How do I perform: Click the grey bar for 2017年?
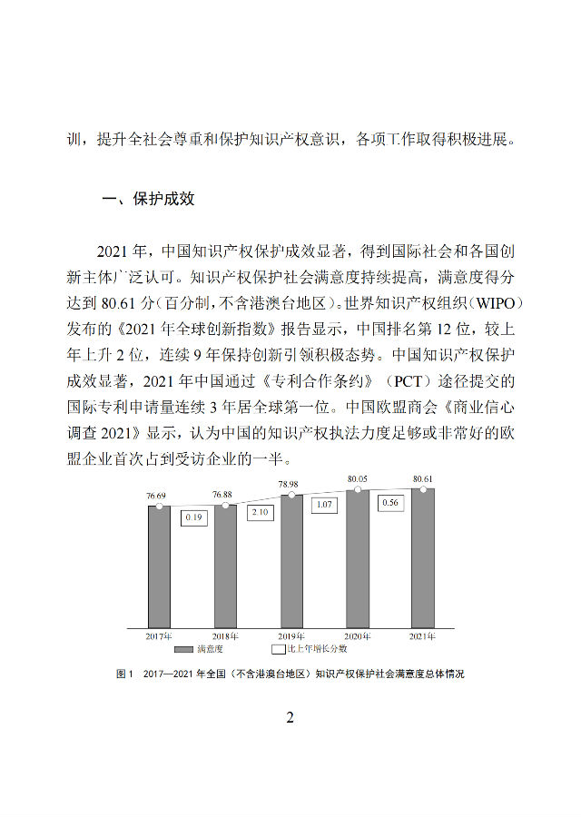click(x=159, y=567)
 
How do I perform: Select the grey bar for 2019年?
click(x=291, y=563)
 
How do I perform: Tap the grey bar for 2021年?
click(x=423, y=558)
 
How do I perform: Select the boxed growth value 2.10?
click(x=259, y=512)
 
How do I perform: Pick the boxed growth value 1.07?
click(x=324, y=504)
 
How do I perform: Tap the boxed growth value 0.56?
click(x=391, y=502)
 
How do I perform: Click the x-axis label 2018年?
click(x=225, y=636)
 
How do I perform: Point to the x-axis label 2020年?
click(x=357, y=636)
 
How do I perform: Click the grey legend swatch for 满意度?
click(x=186, y=650)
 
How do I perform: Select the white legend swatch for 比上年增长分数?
click(x=278, y=650)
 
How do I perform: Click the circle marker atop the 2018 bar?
click(x=224, y=505)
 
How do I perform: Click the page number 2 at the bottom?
click(x=290, y=718)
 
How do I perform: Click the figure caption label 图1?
click(x=124, y=674)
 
